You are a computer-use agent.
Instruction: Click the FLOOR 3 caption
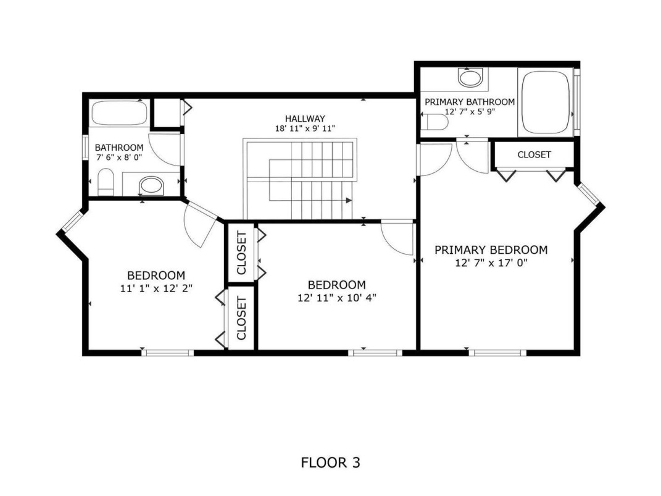click(x=331, y=463)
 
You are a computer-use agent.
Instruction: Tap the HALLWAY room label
click(x=305, y=119)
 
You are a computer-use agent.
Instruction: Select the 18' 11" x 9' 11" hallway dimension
click(x=305, y=128)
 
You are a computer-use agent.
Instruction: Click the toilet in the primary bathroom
click(x=437, y=122)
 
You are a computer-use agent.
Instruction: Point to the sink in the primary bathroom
click(x=470, y=78)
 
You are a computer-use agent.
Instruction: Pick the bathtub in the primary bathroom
click(x=546, y=103)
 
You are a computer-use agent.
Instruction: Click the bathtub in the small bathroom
click(x=119, y=113)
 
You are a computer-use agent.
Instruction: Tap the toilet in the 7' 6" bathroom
click(x=106, y=182)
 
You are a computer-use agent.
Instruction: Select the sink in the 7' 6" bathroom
click(x=151, y=185)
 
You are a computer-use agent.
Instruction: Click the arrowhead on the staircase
click(x=349, y=200)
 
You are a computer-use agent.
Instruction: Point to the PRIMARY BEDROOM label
click(x=491, y=250)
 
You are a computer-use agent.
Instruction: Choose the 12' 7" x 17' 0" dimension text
click(x=491, y=263)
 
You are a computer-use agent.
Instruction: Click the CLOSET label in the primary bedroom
click(x=534, y=155)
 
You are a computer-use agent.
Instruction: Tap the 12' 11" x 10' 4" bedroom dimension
click(x=337, y=298)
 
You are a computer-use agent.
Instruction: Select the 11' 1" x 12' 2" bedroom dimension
click(x=156, y=288)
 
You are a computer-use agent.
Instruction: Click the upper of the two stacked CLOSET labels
click(x=241, y=253)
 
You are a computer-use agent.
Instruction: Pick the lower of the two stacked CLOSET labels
click(x=241, y=319)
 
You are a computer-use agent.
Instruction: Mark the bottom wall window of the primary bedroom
click(x=497, y=353)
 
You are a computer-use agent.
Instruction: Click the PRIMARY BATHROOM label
click(x=470, y=102)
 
